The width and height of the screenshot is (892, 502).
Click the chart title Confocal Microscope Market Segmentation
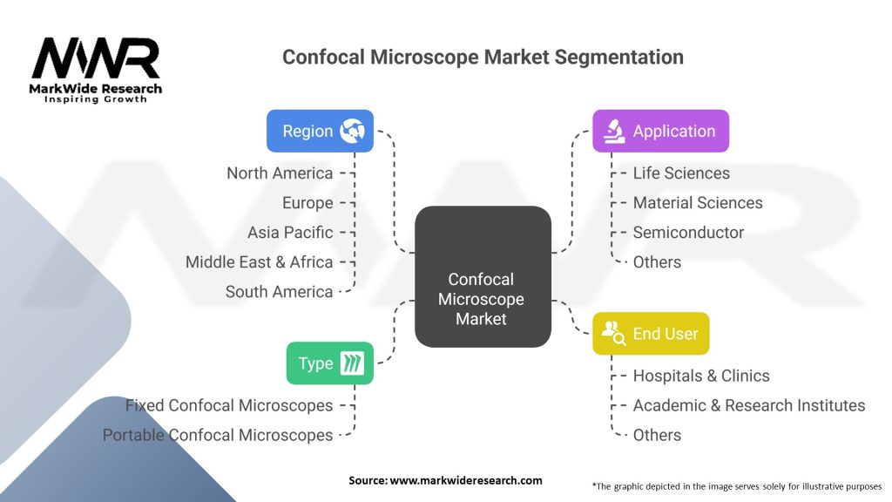pos(483,57)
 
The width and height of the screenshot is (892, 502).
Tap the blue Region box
pos(320,132)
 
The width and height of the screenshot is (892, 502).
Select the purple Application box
pos(660,132)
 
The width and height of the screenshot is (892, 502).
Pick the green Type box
pos(329,363)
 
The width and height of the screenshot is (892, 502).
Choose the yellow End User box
pos(651,333)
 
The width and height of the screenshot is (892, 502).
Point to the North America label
pos(280,173)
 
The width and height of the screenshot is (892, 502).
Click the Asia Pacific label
pos(290,232)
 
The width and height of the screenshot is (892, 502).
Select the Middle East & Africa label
pos(259,261)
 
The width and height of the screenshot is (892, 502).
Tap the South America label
pos(279,291)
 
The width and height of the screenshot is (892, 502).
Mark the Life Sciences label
pos(681,173)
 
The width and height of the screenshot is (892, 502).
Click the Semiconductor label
pos(688,232)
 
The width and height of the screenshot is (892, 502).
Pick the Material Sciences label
pos(698,202)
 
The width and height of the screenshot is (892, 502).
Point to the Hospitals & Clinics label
pos(701,376)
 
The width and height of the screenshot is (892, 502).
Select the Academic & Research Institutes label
pos(749,405)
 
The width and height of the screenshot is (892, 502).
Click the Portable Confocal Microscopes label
pos(218,435)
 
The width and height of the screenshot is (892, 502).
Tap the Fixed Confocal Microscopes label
pos(229,405)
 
